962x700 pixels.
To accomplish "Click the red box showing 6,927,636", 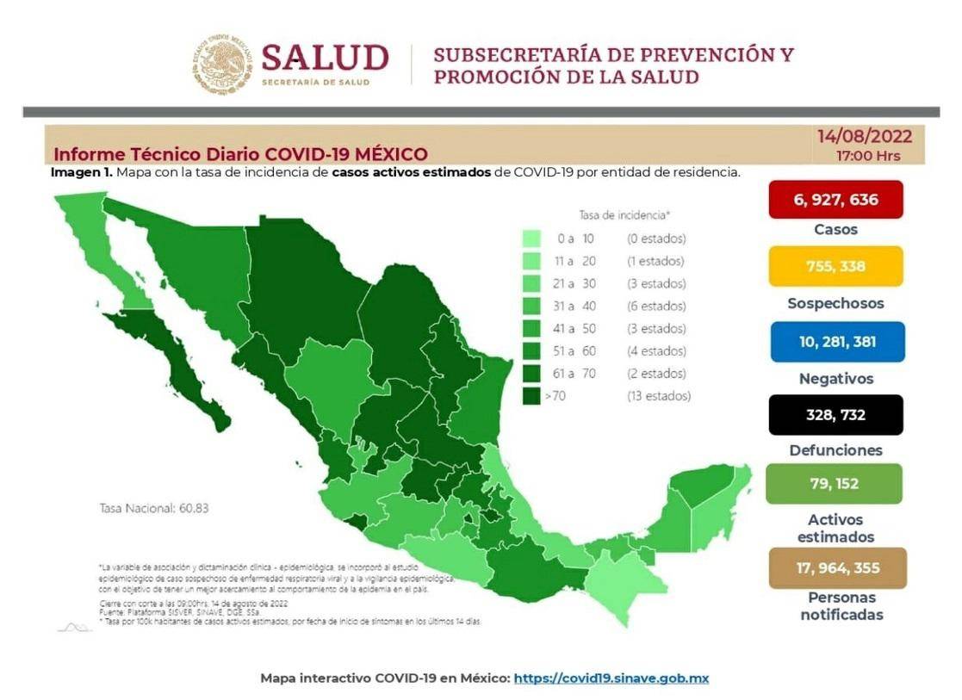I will pyautogui.click(x=835, y=200).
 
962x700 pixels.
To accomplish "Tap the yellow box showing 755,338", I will pyautogui.click(x=835, y=266).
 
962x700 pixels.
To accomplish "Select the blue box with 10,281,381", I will pyautogui.click(x=837, y=342).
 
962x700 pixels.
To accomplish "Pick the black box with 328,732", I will pyautogui.click(x=835, y=415).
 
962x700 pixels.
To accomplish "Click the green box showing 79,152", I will pyautogui.click(x=834, y=484).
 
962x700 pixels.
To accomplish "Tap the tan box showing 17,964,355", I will pyautogui.click(x=837, y=567).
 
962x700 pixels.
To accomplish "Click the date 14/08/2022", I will pyautogui.click(x=865, y=137).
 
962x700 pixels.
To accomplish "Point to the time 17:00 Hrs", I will pyautogui.click(x=868, y=156).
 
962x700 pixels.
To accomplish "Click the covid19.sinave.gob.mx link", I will pyautogui.click(x=611, y=678).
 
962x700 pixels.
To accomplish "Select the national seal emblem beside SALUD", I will pyautogui.click(x=222, y=64).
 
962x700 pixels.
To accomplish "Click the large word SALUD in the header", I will pyautogui.click(x=325, y=58).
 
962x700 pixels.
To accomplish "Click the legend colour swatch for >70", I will pyautogui.click(x=531, y=396).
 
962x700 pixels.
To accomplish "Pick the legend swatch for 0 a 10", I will pyautogui.click(x=531, y=238).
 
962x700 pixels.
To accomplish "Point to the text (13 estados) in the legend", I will pyautogui.click(x=658, y=396).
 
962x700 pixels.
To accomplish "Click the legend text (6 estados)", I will pyautogui.click(x=656, y=306).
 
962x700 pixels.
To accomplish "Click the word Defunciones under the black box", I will pyautogui.click(x=835, y=450).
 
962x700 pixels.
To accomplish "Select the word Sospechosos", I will pyautogui.click(x=835, y=303).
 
